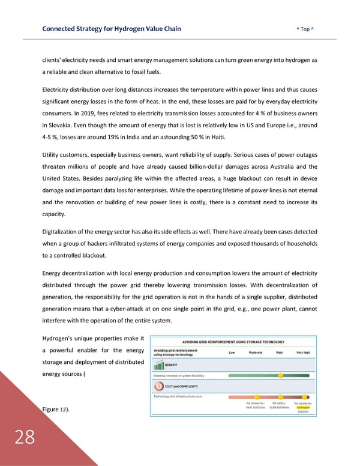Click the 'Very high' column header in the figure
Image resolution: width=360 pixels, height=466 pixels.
[302, 353]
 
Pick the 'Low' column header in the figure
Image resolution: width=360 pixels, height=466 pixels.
[232, 353]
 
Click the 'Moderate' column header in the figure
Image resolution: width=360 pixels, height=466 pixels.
[256, 353]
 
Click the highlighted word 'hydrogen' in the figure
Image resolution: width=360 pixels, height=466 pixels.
[302, 407]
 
